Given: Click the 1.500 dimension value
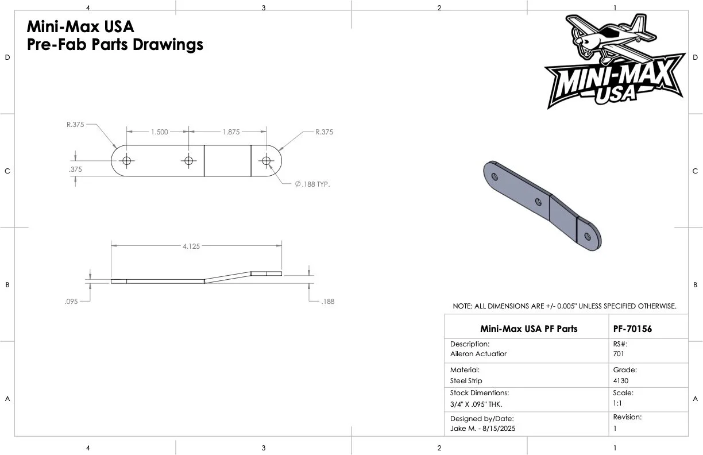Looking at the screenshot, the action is pyautogui.click(x=160, y=132).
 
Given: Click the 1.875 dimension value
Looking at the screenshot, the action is pyautogui.click(x=231, y=132).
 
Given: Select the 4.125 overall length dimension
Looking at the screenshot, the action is pyautogui.click(x=191, y=246).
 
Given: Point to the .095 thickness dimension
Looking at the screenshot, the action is pyautogui.click(x=71, y=302).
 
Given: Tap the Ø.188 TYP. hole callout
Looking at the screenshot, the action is pyautogui.click(x=312, y=184).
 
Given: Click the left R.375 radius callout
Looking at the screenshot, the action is pyautogui.click(x=75, y=125).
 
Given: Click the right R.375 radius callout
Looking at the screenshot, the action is pyautogui.click(x=324, y=132).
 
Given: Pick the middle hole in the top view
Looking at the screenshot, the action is pyautogui.click(x=188, y=161).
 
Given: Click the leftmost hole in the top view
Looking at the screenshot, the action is pyautogui.click(x=127, y=161).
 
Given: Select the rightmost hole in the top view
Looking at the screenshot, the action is pyautogui.click(x=266, y=161).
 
